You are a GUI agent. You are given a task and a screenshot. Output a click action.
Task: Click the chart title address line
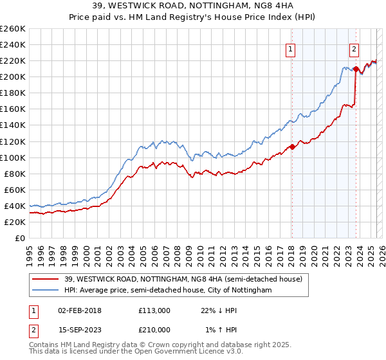coord(192,7)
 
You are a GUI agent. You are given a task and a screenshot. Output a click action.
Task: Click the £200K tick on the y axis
coord(12,76)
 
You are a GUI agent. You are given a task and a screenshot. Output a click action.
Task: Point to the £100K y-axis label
coord(12,157)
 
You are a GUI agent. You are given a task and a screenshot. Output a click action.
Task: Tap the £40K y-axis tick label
coord(14,206)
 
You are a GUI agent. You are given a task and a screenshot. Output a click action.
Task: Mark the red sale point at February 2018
coord(291,147)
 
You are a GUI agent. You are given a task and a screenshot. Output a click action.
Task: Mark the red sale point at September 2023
coord(356,68)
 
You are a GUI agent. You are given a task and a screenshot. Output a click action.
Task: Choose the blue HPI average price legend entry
coord(168,291)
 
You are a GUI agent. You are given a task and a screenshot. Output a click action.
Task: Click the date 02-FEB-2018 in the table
coord(80,310)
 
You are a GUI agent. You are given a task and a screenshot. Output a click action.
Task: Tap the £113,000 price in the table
coord(154,310)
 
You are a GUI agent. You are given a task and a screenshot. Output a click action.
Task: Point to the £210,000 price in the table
coord(154,330)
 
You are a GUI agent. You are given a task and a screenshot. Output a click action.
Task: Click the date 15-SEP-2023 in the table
coord(80,330)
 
